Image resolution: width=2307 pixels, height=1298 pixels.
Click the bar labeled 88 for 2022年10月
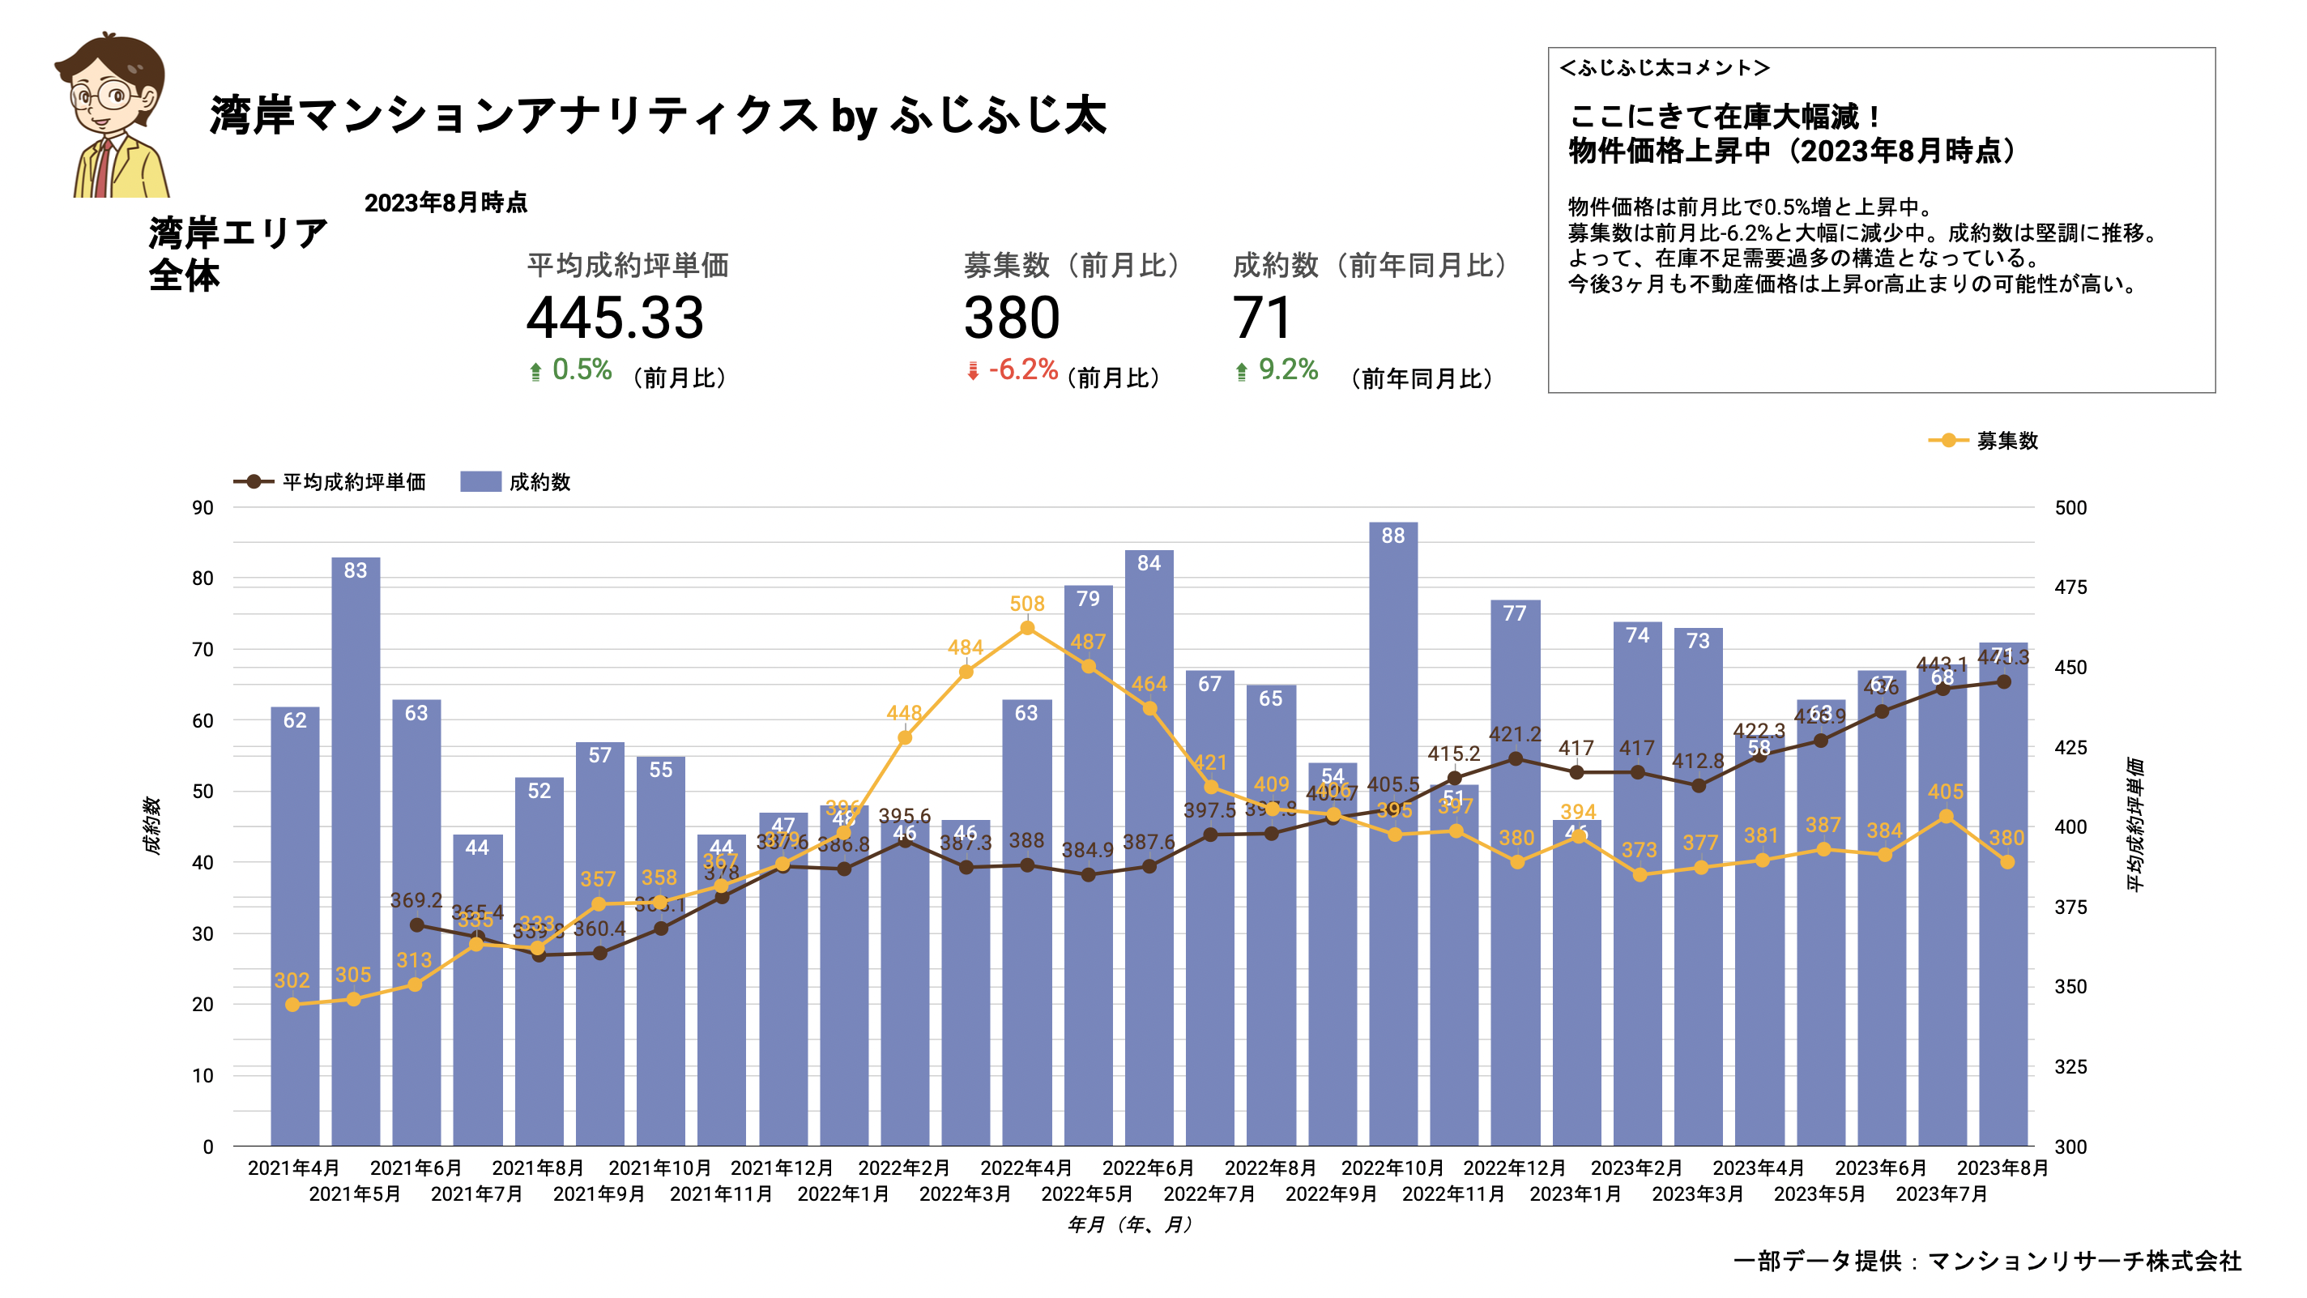click(x=1392, y=833)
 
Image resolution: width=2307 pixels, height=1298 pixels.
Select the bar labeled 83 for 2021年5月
click(x=356, y=851)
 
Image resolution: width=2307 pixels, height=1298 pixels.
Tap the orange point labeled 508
click(x=1027, y=628)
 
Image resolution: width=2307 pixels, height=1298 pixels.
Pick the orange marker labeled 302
click(x=292, y=1004)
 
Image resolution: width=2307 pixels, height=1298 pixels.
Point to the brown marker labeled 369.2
click(x=416, y=924)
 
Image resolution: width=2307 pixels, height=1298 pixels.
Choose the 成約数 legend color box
click(x=480, y=482)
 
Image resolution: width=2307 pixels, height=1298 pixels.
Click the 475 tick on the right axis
click(x=2070, y=587)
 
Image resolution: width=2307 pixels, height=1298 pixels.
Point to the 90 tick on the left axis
click(x=203, y=508)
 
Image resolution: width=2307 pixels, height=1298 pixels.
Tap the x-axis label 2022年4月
click(x=1026, y=1168)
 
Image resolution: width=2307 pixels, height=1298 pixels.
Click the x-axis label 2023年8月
click(x=2002, y=1168)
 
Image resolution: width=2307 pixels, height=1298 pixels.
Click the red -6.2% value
click(x=1023, y=369)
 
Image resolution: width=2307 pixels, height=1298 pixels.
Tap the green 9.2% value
click(x=1288, y=369)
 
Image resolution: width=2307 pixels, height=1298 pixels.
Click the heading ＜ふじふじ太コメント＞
click(x=1664, y=68)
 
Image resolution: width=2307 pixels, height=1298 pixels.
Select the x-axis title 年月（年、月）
click(x=1130, y=1223)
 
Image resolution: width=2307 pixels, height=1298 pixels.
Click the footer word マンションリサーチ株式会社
click(x=2083, y=1261)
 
